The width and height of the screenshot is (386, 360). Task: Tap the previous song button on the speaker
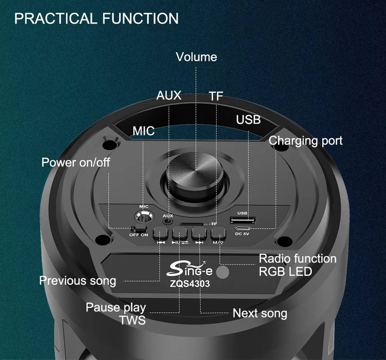point(161,233)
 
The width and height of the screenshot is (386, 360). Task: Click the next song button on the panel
point(199,233)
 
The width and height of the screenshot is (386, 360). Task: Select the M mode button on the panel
point(218,233)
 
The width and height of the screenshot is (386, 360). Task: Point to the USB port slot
point(243,220)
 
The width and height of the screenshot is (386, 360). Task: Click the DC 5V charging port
point(243,228)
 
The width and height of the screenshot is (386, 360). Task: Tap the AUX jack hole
point(167,221)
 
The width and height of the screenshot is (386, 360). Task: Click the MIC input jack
point(144,217)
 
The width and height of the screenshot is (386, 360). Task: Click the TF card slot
point(192,224)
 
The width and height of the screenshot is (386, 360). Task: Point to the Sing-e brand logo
point(189,269)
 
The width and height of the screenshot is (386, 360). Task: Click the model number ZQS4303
point(190,284)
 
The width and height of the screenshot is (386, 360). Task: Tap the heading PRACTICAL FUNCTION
point(96,18)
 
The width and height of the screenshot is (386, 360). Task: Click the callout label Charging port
point(305,141)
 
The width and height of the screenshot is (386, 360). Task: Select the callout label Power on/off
point(76,163)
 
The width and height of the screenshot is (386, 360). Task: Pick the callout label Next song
point(260,314)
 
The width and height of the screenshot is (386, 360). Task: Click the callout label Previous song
point(78,281)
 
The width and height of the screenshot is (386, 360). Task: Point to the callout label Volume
point(196,57)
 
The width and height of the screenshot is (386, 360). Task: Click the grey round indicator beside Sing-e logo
point(223,272)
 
